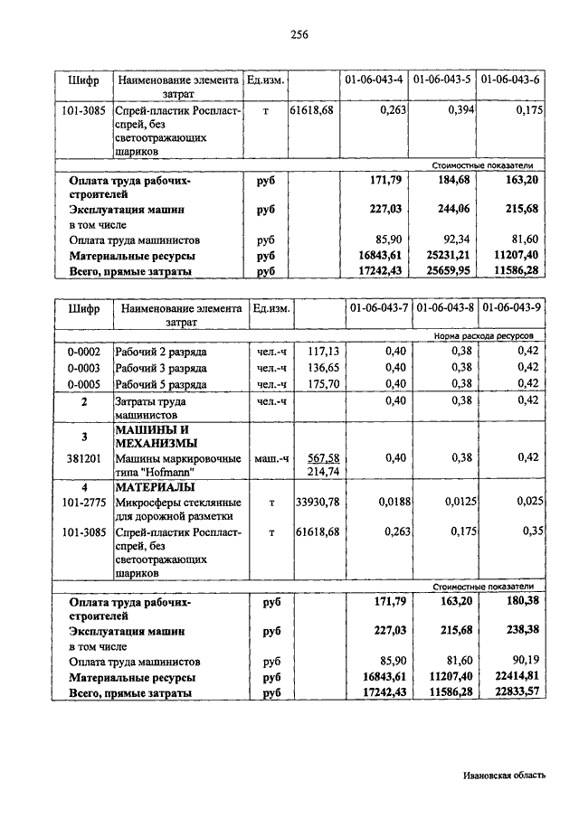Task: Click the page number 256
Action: (x=299, y=35)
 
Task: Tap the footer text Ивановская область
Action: (x=503, y=775)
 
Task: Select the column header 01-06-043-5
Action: (x=441, y=80)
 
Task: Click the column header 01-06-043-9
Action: (x=511, y=308)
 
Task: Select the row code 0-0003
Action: (x=84, y=368)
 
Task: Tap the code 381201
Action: (x=84, y=457)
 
